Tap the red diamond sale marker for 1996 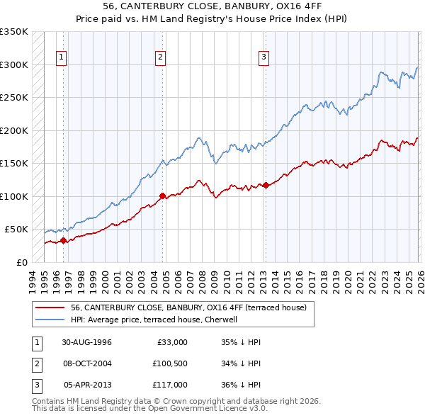[x=64, y=240]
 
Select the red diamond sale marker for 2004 [x=163, y=196]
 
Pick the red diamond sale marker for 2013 [x=266, y=185]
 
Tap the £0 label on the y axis [x=21, y=262]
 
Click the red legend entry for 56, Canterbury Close [x=188, y=307]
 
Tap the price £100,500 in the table [x=169, y=363]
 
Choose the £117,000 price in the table [x=169, y=385]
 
